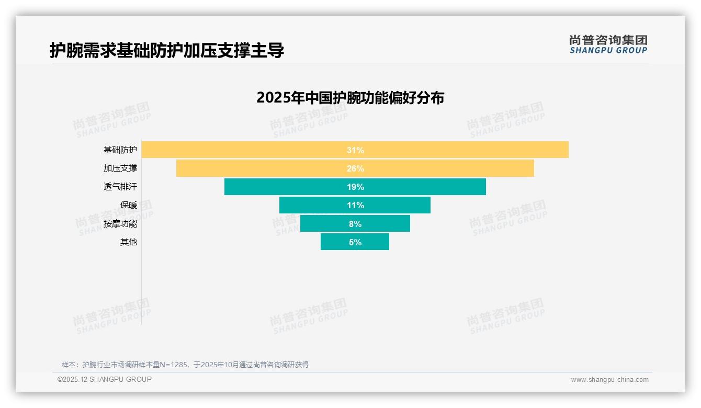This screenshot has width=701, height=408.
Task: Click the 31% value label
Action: [355, 150]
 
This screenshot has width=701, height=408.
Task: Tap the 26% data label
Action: [355, 168]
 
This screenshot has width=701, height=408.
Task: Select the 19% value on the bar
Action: [355, 187]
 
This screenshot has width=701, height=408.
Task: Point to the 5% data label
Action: [355, 242]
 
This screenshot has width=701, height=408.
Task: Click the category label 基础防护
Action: [120, 150]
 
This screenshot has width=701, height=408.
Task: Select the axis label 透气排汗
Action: [120, 187]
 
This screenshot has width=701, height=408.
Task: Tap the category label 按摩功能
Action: [120, 224]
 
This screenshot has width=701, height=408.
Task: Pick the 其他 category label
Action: [128, 242]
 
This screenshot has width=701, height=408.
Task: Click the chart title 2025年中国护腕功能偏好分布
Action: [350, 98]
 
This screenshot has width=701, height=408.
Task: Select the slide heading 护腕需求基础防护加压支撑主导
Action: [167, 51]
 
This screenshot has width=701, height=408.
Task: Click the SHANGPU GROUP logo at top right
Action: [608, 44]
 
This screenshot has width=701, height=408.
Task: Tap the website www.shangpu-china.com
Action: [609, 380]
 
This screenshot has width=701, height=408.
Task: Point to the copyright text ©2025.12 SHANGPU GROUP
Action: [104, 379]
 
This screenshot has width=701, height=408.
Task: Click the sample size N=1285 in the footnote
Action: [173, 365]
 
